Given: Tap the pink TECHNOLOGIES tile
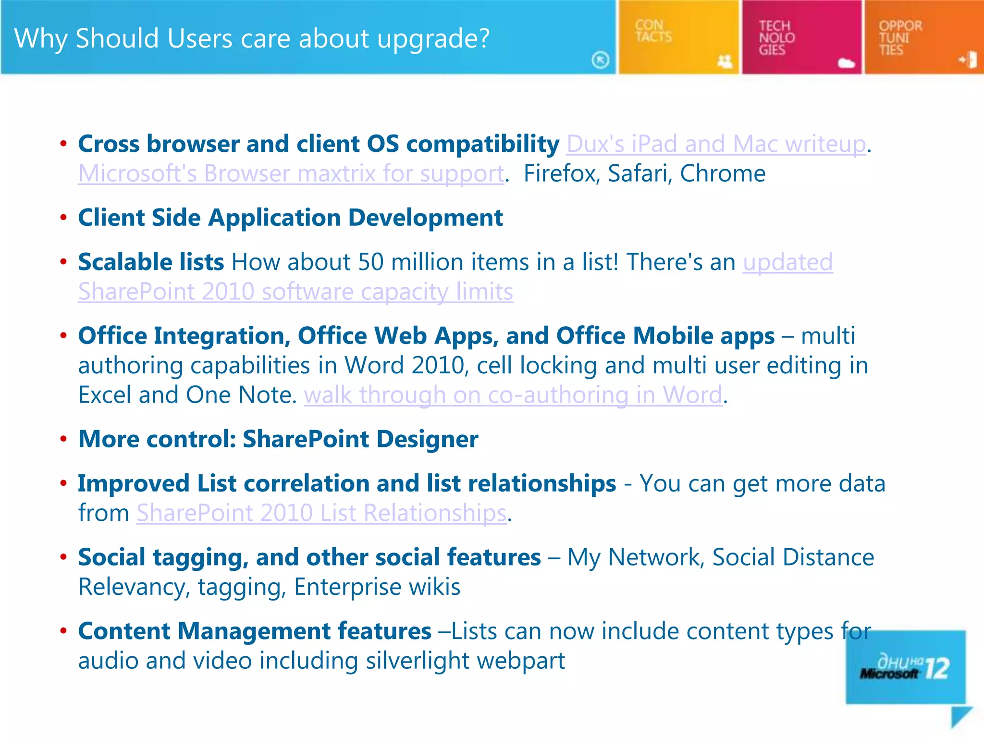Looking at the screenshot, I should (x=801, y=37).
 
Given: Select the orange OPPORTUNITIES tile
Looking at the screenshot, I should (x=923, y=37).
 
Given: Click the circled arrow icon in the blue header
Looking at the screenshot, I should (x=600, y=60).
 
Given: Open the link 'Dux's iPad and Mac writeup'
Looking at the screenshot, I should (x=716, y=144).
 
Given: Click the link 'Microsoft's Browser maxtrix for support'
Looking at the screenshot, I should (x=291, y=173).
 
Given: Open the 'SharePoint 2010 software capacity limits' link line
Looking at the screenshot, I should (x=295, y=292).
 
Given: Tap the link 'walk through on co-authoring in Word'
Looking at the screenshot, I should (x=513, y=395).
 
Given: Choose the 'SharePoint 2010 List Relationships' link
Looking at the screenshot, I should (x=321, y=513).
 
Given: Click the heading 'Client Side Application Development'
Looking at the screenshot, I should (x=290, y=218).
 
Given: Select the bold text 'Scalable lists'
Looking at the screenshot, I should (x=151, y=262).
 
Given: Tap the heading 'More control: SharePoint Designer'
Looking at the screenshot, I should (x=278, y=439).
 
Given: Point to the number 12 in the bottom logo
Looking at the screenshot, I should (x=937, y=668).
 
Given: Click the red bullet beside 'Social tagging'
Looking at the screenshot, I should (x=63, y=557).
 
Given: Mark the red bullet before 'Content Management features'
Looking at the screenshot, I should (x=63, y=631).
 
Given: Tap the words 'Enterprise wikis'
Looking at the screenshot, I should (x=377, y=587).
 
